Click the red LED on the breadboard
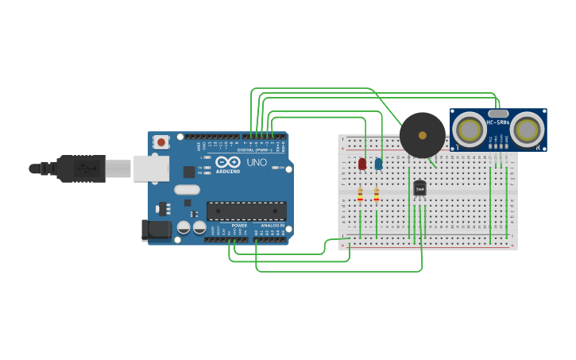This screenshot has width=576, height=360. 362,164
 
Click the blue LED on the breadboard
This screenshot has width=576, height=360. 378,164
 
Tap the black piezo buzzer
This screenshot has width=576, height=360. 422,135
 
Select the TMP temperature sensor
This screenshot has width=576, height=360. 419,188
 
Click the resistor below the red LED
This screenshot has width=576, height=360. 360,195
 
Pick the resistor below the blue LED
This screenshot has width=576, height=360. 377,195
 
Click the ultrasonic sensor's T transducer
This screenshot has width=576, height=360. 470,130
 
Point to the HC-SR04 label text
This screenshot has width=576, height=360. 498,122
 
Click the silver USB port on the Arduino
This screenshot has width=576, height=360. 151,168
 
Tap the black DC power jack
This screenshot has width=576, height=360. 156,230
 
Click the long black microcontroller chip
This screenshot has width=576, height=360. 246,211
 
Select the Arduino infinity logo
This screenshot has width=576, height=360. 228,163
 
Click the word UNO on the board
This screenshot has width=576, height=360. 257,162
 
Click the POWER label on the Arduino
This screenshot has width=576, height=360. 239,226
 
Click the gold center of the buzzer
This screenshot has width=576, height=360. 422,135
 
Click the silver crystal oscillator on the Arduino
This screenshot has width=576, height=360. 187,190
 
